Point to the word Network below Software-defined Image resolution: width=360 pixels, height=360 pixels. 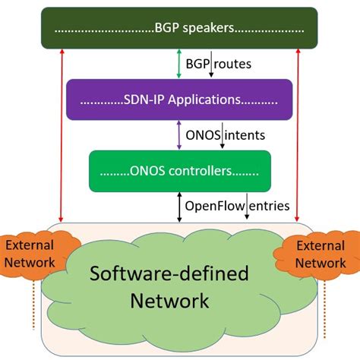[x=169, y=301]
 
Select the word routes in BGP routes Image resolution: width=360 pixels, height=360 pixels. [x=233, y=64]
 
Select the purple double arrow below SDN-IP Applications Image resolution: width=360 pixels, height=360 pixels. [x=179, y=134]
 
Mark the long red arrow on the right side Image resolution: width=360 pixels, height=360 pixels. [x=297, y=137]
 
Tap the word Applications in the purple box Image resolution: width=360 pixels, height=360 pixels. [x=201, y=99]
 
